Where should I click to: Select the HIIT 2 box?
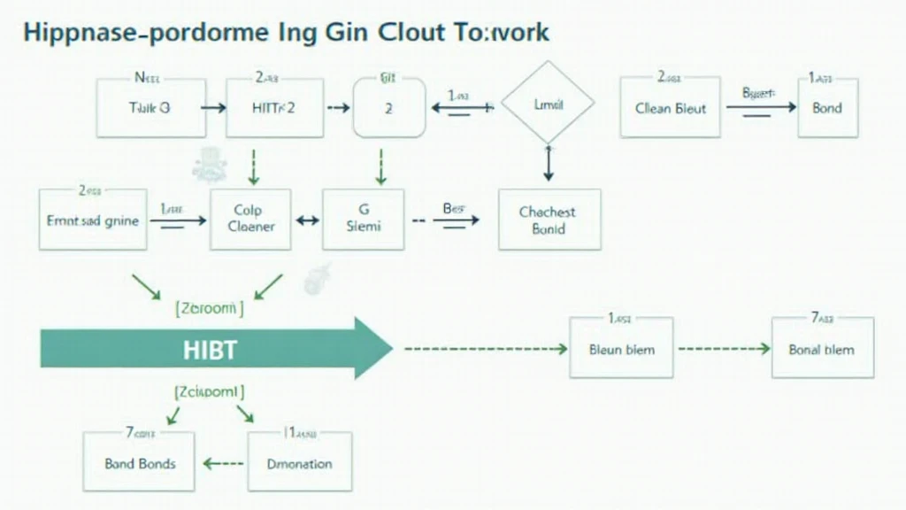tap(274, 107)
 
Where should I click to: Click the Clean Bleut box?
tap(670, 107)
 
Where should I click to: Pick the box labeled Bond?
tap(827, 107)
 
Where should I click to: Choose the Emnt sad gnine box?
tap(92, 220)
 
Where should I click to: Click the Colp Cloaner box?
tap(251, 220)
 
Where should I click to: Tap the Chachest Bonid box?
tap(549, 219)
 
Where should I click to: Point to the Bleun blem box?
tap(621, 348)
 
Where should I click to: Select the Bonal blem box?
tap(822, 348)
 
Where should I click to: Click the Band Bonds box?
tap(140, 462)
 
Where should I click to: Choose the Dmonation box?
tap(299, 462)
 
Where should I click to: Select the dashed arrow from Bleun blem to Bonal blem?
tap(722, 349)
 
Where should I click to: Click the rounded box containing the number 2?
tap(390, 107)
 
